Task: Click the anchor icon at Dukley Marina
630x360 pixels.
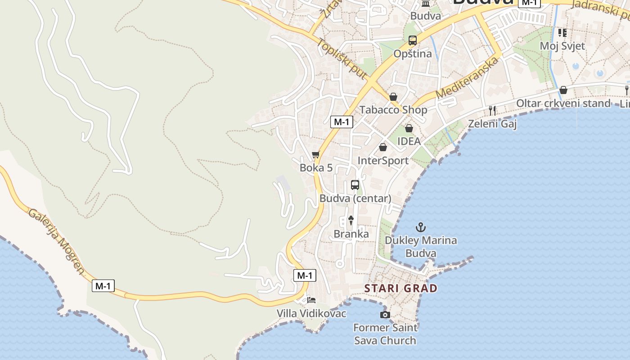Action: coord(421,227)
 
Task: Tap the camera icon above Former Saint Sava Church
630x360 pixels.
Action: coord(385,315)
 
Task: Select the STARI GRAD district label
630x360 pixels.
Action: coord(400,288)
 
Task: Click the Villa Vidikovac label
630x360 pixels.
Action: coord(311,313)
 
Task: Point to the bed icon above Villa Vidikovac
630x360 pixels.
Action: coord(311,300)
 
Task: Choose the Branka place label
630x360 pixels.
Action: coord(351,234)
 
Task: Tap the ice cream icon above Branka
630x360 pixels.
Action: coord(351,220)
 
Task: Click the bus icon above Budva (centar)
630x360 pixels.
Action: coord(355,185)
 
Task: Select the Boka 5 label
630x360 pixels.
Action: coord(316,168)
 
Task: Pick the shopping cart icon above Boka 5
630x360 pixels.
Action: coord(316,155)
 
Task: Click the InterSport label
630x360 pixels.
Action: coord(383,161)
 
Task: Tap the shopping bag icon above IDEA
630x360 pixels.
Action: coord(409,128)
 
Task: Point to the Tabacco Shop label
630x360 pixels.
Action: coord(393,110)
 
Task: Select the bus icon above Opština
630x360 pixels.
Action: coord(413,40)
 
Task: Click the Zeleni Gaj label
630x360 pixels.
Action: coord(492,124)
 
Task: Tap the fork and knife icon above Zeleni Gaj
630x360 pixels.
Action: coord(492,110)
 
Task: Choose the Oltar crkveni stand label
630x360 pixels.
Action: coord(563,103)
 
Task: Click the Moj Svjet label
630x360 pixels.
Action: coord(562,46)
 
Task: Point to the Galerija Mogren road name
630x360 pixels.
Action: coord(56,240)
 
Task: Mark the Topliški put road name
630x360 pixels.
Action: coord(342,59)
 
